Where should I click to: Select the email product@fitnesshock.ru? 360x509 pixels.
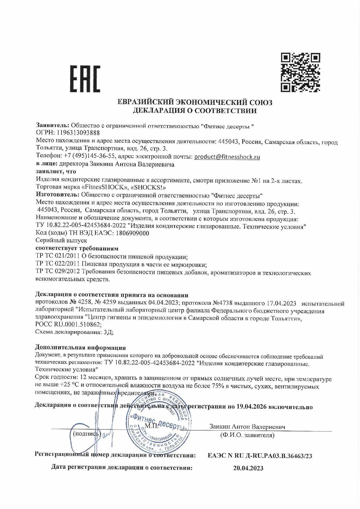coord(227,157)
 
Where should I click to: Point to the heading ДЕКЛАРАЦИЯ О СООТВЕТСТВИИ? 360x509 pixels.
coord(194,110)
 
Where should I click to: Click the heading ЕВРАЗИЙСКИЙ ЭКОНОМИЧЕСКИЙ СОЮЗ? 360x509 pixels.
coord(194,102)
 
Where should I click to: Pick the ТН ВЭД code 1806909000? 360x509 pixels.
coord(132,233)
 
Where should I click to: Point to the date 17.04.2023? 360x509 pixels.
coord(281,303)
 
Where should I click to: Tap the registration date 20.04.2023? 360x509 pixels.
coord(248,468)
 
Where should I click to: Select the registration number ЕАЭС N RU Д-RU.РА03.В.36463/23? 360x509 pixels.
coord(260,456)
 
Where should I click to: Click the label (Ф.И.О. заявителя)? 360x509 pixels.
coord(247,435)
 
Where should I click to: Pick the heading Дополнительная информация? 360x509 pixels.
coord(80,348)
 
